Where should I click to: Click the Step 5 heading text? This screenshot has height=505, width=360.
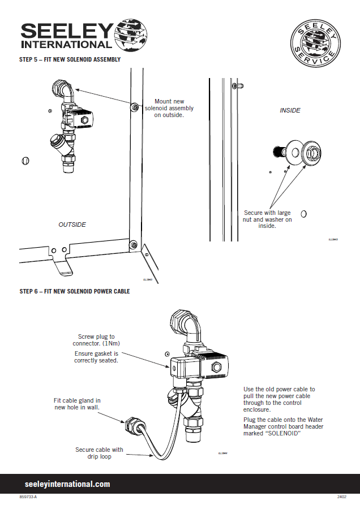coord(70,59)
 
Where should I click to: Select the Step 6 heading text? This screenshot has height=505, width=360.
coord(75,292)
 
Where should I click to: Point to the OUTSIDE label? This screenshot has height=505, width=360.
coord(72,225)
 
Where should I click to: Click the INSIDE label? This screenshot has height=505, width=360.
coord(290,111)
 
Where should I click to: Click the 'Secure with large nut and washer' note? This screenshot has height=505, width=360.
coord(267,219)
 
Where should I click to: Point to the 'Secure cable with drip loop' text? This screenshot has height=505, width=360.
coord(99,454)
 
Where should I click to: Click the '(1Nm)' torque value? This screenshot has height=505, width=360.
coord(112,343)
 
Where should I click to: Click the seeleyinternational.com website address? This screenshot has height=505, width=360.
coord(67,484)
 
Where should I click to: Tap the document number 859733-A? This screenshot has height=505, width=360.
coord(28,497)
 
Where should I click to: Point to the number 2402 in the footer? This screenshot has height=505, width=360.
coord(342,497)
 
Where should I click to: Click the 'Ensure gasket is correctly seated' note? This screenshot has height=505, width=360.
coord(96,357)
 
